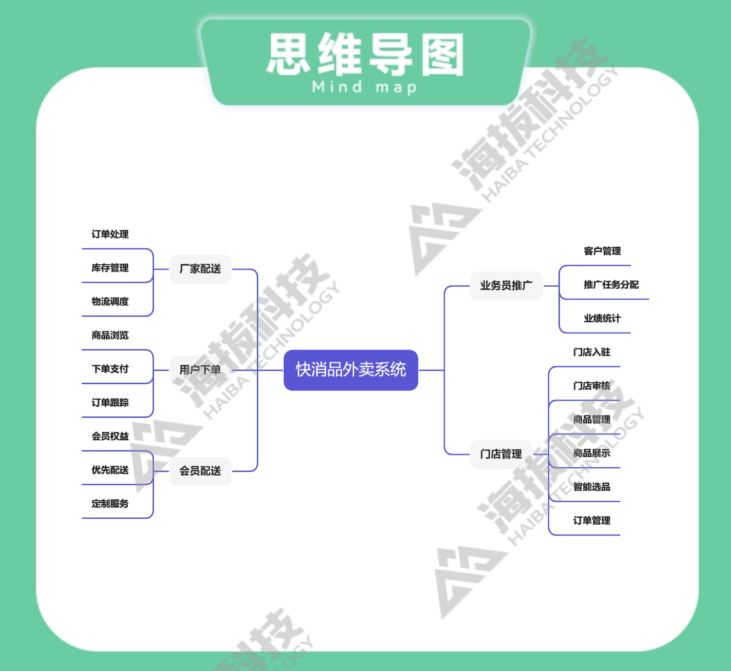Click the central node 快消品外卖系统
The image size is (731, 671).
[x=351, y=370]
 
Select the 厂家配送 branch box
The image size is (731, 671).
[x=200, y=269]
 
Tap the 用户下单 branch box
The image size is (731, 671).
[x=200, y=370]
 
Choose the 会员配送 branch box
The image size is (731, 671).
[x=200, y=471]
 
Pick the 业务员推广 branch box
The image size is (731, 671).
[x=506, y=286]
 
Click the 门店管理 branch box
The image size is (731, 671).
[x=501, y=454]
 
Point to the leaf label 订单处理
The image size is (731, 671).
[x=110, y=234]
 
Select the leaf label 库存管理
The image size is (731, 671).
[x=110, y=268]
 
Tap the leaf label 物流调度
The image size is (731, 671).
[x=110, y=301]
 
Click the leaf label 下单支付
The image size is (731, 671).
[x=110, y=369]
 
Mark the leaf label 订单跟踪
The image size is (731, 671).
[x=110, y=402]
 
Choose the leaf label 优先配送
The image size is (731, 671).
[x=110, y=470]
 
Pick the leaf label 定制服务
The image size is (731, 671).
[x=110, y=503]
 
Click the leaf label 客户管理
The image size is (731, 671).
[x=602, y=251]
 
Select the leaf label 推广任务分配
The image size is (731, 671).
[x=611, y=285]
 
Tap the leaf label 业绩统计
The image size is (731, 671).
[x=602, y=318]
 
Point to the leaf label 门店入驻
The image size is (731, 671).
[x=592, y=352]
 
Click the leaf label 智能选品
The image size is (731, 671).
[x=592, y=487]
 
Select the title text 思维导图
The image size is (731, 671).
[x=365, y=55]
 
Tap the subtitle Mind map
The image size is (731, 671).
[x=365, y=88]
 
